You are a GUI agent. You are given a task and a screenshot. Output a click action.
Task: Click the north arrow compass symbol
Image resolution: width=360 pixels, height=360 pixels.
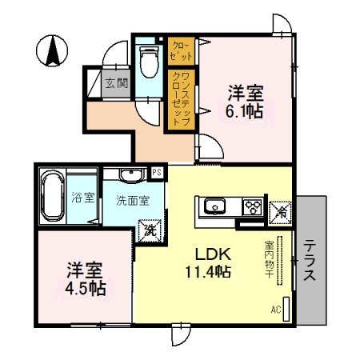click(x=53, y=52)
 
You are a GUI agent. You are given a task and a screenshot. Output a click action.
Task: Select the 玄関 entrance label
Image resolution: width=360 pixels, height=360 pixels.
click(x=112, y=82)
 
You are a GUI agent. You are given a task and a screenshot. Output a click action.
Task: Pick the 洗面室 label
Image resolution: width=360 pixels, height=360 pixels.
click(x=132, y=200)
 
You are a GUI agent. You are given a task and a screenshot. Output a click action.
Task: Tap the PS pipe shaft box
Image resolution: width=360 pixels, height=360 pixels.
click(x=158, y=173)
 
